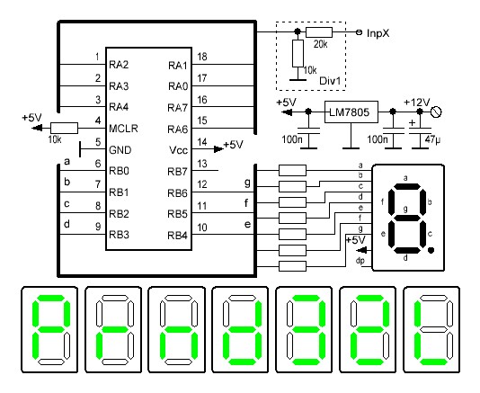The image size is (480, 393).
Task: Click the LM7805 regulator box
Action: click(351, 112)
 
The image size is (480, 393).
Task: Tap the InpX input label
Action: click(378, 33)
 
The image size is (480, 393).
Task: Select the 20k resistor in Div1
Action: click(319, 32)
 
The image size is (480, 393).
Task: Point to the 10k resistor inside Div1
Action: click(298, 53)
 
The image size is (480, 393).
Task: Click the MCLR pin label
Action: click(123, 129)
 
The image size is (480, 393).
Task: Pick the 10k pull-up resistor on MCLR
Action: click(64, 128)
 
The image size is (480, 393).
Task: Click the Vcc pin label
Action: click(179, 150)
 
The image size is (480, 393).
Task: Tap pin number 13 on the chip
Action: click(202, 164)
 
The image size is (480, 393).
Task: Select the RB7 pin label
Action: click(177, 172)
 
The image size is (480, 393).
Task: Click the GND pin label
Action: click(120, 150)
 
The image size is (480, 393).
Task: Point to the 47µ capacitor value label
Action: click(432, 139)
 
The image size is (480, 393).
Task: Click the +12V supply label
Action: click(417, 103)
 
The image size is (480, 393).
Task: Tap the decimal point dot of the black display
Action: click(431, 251)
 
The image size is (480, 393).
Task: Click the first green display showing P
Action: click(49, 329)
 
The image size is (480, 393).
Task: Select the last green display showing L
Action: click(431, 329)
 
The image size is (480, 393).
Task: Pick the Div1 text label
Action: click(330, 81)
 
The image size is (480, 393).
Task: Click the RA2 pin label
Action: click(119, 65)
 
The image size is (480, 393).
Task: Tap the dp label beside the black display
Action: click(360, 261)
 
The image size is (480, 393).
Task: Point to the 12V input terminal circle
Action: click(436, 112)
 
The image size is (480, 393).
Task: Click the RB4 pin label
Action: click(177, 236)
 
